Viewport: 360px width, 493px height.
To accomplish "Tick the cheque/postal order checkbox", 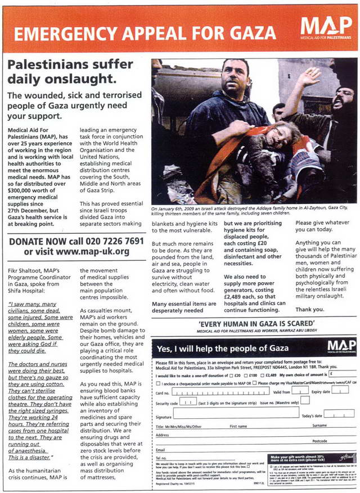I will [157, 382].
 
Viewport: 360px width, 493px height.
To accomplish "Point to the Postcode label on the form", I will [319, 441].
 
